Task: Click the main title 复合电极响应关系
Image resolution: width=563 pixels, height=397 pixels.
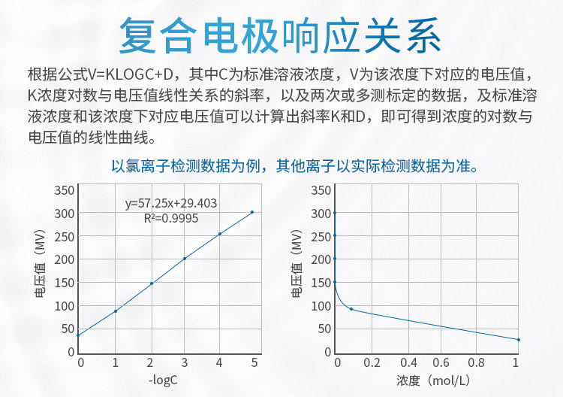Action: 281,34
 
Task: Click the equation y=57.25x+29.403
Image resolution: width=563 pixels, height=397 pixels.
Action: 171,203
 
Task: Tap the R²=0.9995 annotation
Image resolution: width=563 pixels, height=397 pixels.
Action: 171,217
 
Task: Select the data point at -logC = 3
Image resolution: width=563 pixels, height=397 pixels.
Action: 185,259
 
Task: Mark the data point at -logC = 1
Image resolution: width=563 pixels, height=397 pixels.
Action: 116,311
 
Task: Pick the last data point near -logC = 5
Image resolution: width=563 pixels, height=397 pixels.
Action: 252,212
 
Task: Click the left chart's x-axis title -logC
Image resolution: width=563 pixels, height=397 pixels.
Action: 164,381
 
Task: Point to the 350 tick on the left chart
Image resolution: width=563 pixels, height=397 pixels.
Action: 65,189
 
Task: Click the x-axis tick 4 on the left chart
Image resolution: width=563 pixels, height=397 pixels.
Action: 220,363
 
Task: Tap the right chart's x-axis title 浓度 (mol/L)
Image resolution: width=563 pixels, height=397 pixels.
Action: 426,381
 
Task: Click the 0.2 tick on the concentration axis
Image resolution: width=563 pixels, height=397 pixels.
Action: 372,363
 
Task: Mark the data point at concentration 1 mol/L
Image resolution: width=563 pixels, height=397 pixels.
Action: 519,340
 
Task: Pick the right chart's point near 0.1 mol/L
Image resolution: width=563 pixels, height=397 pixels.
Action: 351,309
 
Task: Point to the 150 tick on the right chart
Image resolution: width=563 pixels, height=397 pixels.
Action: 321,283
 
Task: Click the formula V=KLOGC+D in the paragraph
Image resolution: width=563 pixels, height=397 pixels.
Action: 131,74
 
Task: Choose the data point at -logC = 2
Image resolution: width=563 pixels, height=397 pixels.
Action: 152,283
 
